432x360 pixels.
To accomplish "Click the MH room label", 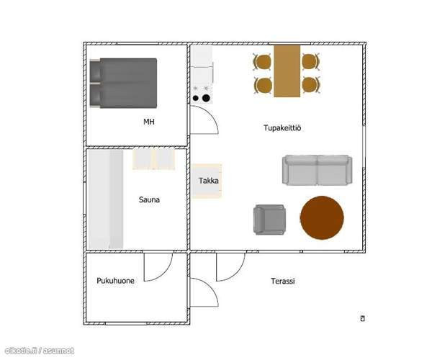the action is pyautogui.click(x=149, y=122).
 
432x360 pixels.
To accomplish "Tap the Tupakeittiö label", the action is pyautogui.click(x=282, y=128).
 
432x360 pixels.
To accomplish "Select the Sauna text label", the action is pyautogui.click(x=149, y=199).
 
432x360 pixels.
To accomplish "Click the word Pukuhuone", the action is pyautogui.click(x=115, y=281).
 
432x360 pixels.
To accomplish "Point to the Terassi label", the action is pyautogui.click(x=283, y=281).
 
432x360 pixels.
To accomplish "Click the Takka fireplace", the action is pyautogui.click(x=207, y=181).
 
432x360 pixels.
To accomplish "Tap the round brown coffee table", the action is pyautogui.click(x=322, y=217).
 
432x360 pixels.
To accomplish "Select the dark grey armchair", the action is pyautogui.click(x=269, y=220).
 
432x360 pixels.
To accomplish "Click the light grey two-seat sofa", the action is pyautogui.click(x=317, y=170).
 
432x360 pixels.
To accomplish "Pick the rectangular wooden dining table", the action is pyautogui.click(x=287, y=71).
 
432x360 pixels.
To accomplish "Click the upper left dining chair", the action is pyautogui.click(x=262, y=62).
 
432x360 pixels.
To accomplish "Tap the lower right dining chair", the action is pyautogui.click(x=310, y=85).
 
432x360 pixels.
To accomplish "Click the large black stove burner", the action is pyautogui.click(x=206, y=98).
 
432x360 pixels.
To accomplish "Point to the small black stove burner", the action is pyautogui.click(x=195, y=98).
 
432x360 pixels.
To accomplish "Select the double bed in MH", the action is pyautogui.click(x=123, y=83).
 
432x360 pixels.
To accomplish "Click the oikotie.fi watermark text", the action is pyautogui.click(x=40, y=351).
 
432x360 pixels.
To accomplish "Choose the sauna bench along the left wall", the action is pyautogui.click(x=106, y=199).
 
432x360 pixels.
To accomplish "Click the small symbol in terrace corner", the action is pyautogui.click(x=363, y=318).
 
